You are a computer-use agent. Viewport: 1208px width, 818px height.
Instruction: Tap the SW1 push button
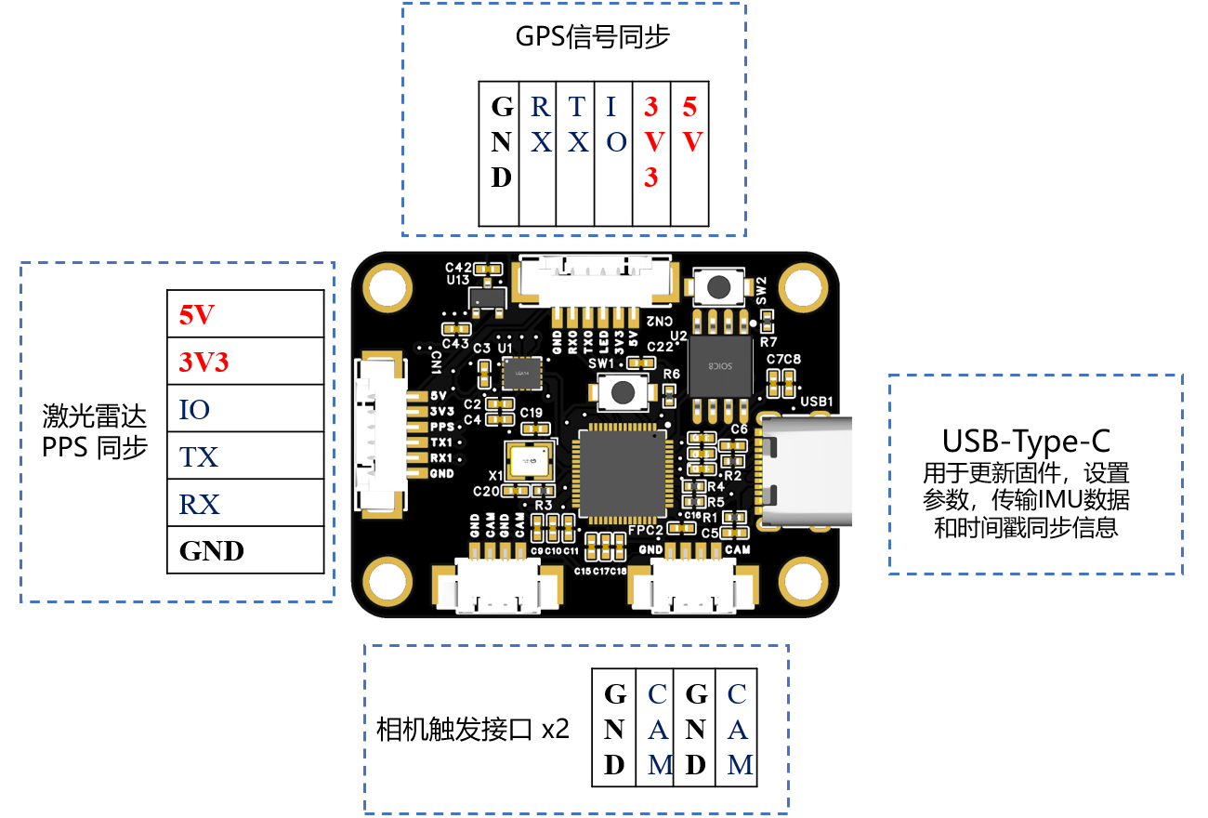[x=623, y=393]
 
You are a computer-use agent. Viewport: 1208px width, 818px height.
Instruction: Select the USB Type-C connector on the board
[x=805, y=470]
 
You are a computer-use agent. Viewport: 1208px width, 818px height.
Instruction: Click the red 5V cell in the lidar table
[x=245, y=315]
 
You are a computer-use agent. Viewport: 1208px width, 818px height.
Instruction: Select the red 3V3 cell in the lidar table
[x=245, y=363]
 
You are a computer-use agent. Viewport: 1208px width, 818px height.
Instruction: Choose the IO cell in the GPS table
[x=614, y=153]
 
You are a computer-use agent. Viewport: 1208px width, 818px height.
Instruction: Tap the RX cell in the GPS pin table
[x=538, y=153]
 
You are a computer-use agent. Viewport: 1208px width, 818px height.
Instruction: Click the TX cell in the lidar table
[x=245, y=456]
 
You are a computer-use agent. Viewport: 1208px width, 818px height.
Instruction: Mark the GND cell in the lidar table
[x=245, y=550]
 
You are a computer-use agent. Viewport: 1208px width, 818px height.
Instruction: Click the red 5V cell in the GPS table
[x=689, y=153]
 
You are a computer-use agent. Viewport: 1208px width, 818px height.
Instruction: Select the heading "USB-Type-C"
[x=1026, y=439]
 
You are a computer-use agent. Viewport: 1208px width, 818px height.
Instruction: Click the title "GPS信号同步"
[x=593, y=37]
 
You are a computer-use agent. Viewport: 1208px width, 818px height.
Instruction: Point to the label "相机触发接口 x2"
[x=472, y=729]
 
